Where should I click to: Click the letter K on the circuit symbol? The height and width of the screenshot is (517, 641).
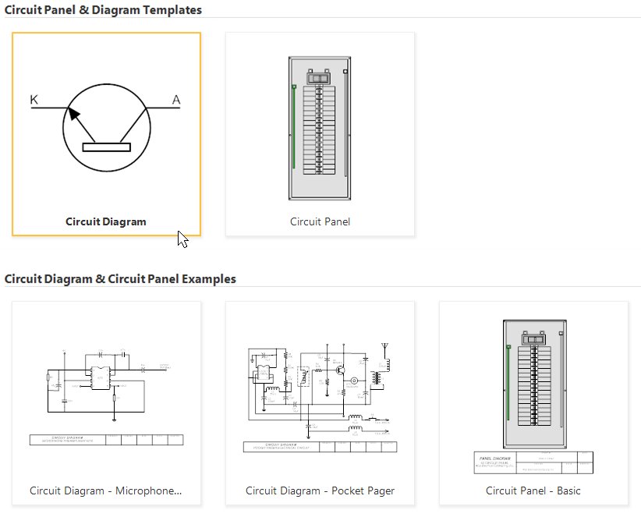click(34, 99)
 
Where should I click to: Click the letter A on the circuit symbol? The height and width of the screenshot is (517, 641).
click(175, 99)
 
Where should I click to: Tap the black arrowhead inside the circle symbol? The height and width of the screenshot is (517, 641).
click(73, 115)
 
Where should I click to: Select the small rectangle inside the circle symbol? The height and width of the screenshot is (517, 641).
click(106, 147)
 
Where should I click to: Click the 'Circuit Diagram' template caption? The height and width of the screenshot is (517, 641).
click(106, 221)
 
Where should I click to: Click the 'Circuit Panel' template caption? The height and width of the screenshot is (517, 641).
click(320, 221)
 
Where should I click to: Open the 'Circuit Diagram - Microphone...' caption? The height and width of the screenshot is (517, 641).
click(106, 490)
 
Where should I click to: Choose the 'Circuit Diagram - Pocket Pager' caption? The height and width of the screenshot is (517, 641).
click(320, 490)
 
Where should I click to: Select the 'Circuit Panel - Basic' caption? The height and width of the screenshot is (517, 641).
click(533, 490)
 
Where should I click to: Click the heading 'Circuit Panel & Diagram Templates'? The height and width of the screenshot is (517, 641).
click(103, 10)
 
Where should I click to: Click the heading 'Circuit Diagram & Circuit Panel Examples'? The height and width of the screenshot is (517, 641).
click(120, 278)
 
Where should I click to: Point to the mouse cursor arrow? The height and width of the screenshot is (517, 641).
click(182, 238)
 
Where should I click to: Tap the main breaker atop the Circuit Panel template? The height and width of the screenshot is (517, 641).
click(318, 77)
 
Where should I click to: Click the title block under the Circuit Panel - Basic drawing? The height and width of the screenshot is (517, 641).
click(533, 462)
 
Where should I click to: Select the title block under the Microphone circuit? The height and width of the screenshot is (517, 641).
click(106, 440)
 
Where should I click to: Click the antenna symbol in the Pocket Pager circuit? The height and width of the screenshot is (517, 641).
click(383, 345)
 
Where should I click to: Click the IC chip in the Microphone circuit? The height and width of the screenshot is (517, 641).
click(100, 377)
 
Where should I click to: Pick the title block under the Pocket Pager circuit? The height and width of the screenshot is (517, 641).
click(320, 447)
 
